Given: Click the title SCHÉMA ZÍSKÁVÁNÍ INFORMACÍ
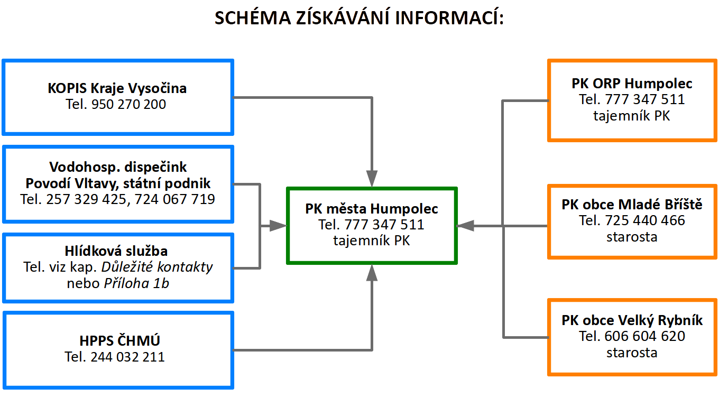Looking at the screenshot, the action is [359, 17].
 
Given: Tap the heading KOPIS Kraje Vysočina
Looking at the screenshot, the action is [117, 88].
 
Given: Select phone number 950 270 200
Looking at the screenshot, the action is [128, 104].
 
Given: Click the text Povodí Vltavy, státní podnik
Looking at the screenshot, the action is [118, 183].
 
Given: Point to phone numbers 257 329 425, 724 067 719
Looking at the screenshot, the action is [130, 199].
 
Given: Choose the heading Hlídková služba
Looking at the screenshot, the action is [116, 251].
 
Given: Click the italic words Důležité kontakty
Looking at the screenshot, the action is [157, 267].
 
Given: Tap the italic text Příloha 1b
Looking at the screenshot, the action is [136, 283].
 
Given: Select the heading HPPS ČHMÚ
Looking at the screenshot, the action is [119, 341].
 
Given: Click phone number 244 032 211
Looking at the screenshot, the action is [128, 357].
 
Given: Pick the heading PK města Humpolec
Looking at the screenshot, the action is [372, 209].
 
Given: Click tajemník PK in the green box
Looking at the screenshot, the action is [372, 241].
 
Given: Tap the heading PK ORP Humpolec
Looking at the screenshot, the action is [632, 84].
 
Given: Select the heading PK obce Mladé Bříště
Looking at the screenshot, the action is [632, 205].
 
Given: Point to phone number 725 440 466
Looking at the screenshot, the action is [645, 220].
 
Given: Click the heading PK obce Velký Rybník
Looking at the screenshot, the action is [632, 320].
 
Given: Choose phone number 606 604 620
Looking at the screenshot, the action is [645, 336].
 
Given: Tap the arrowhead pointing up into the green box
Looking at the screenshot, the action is [372, 273].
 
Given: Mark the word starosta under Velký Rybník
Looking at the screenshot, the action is [632, 353].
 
